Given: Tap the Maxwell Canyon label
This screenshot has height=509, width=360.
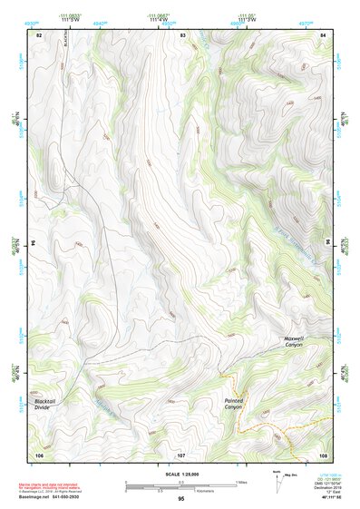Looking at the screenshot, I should (x=293, y=341).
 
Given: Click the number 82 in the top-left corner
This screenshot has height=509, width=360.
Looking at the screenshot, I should (x=39, y=34).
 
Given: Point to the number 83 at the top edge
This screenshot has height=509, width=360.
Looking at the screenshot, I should (x=182, y=34).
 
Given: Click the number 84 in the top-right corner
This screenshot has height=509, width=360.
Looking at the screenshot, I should (x=324, y=34).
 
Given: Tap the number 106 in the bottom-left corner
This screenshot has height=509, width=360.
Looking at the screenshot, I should (x=39, y=454).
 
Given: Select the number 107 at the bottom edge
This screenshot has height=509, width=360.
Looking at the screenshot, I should (x=181, y=454).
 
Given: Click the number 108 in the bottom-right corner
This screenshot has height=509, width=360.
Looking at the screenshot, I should (x=323, y=454).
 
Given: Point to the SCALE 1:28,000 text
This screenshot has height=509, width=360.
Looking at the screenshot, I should (x=181, y=474).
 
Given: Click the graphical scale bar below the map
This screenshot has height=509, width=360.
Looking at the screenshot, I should (x=181, y=486).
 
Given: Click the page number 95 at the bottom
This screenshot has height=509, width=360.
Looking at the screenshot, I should (x=181, y=500).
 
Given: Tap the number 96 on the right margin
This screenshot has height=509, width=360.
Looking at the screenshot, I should (x=327, y=243).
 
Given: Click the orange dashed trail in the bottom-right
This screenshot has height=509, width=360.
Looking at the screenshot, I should (x=277, y=426).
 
